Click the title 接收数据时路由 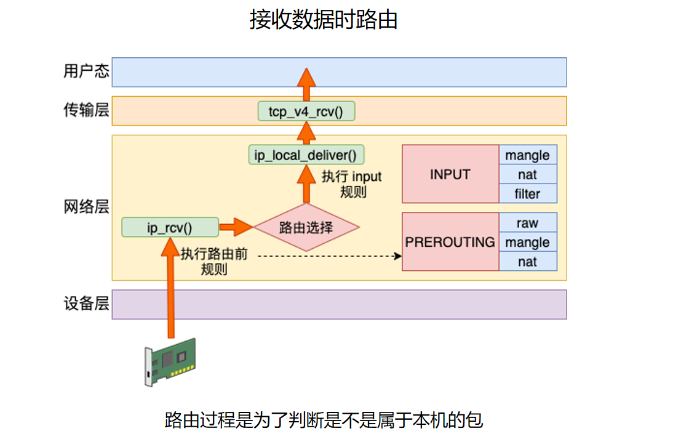click(x=323, y=20)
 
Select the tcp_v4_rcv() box click(x=306, y=111)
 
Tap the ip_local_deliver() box click(x=306, y=155)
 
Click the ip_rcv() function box click(x=170, y=227)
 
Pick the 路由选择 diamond click(x=306, y=227)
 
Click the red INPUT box click(x=450, y=174)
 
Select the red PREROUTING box click(x=450, y=241)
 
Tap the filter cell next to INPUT click(x=527, y=194)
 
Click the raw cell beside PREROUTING click(x=527, y=222)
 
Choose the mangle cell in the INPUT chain click(x=527, y=155)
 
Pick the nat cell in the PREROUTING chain click(x=527, y=262)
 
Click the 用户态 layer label click(x=86, y=71)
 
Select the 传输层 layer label click(x=86, y=111)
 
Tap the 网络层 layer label click(x=86, y=207)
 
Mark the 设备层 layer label click(x=86, y=304)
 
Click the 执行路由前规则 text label click(x=214, y=261)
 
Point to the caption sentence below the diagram click(x=324, y=420)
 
